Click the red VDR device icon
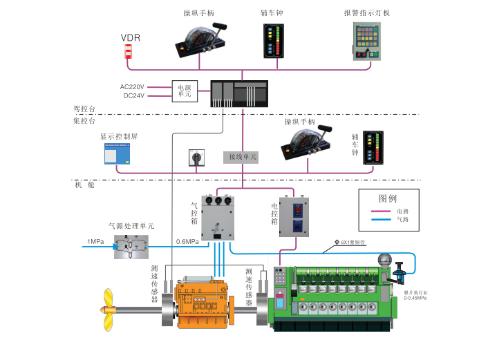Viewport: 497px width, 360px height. [128, 52]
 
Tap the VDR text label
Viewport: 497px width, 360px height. [131, 37]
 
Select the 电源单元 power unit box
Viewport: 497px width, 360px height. [185, 91]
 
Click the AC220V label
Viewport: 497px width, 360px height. [132, 86]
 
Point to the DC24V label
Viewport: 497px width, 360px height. [133, 95]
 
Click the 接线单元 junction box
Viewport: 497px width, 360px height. [242, 158]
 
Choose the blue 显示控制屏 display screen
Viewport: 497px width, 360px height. [118, 153]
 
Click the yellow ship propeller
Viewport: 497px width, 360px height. [111, 308]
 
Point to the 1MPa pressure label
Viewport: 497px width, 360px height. [95, 241]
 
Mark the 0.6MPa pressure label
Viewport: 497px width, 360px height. [187, 242]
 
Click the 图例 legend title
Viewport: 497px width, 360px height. [388, 197]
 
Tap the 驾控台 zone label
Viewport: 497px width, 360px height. [84, 108]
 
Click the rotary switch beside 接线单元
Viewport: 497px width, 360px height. [196, 158]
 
